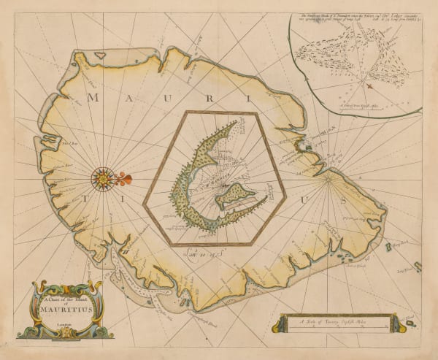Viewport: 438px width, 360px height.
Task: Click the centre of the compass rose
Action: [103, 178]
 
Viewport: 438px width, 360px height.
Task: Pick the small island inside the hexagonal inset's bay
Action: [238, 196]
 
